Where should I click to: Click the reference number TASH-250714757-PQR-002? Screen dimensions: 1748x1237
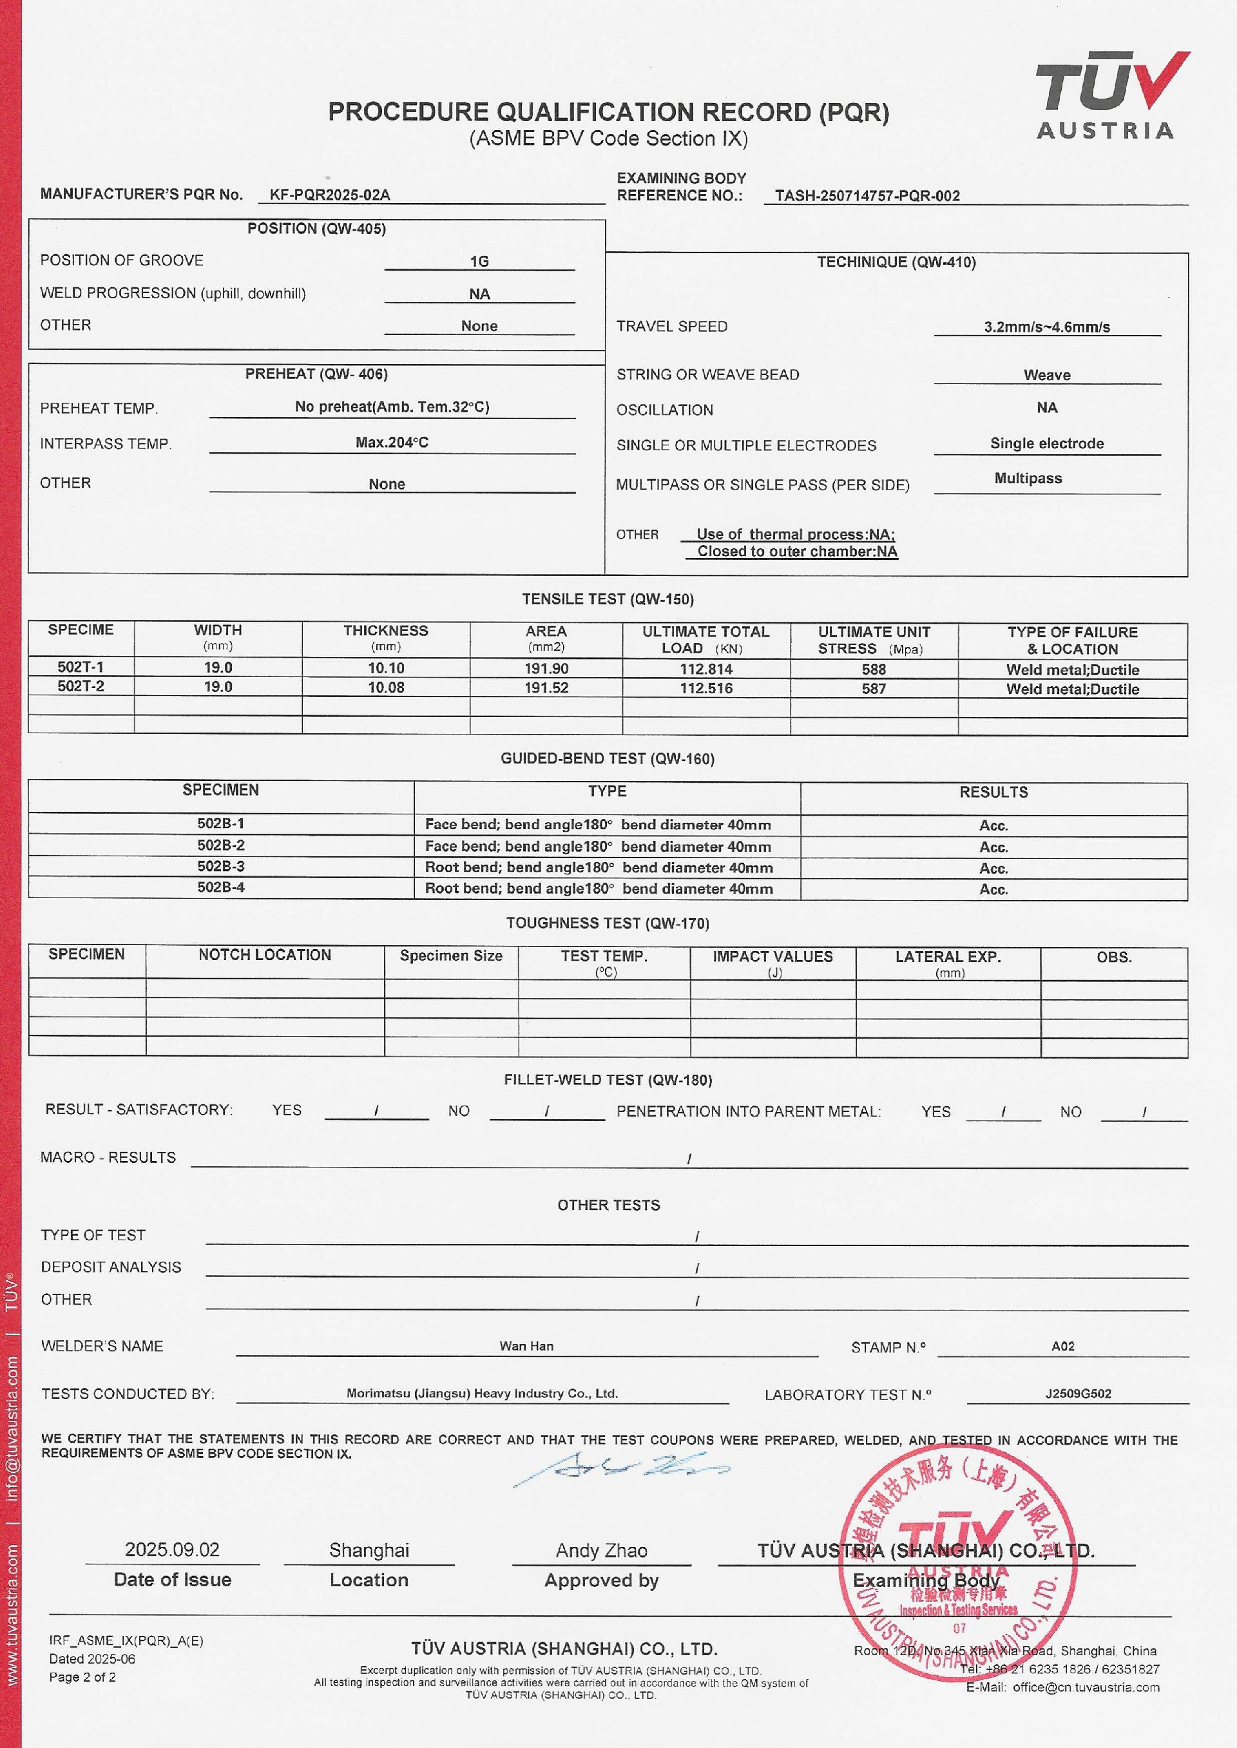(867, 196)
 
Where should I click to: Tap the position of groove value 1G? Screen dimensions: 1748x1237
(479, 261)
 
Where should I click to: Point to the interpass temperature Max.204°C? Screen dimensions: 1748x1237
(392, 443)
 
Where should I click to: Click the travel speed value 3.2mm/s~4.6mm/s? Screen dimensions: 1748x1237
(1046, 327)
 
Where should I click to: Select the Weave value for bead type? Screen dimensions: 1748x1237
(1046, 375)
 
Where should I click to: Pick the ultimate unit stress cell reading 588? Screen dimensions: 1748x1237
(874, 669)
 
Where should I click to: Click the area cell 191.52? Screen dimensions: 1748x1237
(546, 687)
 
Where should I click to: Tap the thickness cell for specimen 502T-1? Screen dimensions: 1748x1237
(385, 668)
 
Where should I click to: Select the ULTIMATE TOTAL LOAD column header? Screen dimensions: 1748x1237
(705, 640)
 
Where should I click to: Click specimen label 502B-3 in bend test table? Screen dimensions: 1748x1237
(221, 866)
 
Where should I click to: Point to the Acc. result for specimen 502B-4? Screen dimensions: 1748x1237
(993, 889)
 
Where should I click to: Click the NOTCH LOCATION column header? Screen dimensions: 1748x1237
(264, 955)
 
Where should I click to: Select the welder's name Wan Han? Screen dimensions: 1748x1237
(526, 1346)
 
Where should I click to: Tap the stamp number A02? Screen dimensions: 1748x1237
(1062, 1346)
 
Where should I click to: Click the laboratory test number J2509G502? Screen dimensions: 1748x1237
(1078, 1394)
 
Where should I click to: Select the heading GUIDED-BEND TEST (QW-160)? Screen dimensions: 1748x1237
(607, 758)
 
